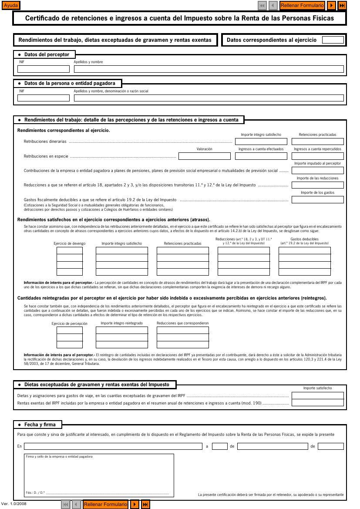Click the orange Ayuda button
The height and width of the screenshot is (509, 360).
(11, 6)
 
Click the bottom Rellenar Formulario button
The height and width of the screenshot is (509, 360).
(105, 504)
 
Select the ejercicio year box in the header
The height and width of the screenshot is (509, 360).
(333, 40)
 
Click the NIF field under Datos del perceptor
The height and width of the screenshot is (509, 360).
(44, 69)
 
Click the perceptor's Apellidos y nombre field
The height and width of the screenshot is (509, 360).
(209, 69)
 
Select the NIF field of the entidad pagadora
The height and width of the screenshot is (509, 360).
(44, 98)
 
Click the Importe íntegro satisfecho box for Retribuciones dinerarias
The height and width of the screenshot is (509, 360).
(261, 142)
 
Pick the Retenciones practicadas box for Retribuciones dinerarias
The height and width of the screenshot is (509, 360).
(317, 142)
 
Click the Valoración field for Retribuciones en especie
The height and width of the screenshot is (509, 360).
(204, 156)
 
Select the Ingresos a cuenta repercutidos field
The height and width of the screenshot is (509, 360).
(317, 156)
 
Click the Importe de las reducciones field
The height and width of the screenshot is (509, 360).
(317, 185)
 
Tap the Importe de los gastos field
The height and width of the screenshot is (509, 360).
(317, 200)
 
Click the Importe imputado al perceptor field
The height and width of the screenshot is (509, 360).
(317, 170)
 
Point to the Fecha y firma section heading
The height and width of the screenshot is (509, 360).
(40, 425)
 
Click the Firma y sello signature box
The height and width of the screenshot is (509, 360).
(99, 475)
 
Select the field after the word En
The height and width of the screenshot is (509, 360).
(113, 446)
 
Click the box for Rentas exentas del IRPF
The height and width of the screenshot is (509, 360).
(317, 403)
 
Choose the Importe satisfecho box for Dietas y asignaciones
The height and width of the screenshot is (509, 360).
(317, 396)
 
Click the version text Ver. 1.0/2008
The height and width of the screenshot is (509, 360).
(14, 504)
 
